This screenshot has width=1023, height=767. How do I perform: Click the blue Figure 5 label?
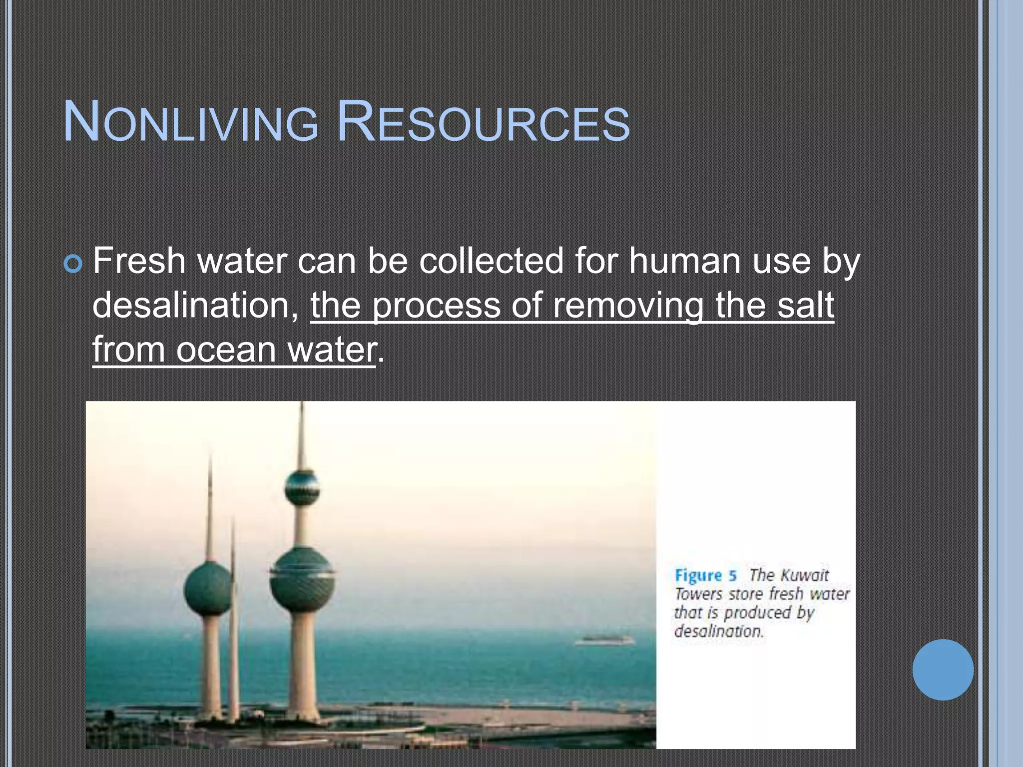[x=705, y=576]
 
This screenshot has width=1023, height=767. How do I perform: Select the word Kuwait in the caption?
[x=803, y=575]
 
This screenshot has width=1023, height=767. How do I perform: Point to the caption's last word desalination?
[x=719, y=632]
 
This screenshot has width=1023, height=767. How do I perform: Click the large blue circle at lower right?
[x=943, y=670]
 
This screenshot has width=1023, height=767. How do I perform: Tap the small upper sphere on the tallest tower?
[x=302, y=487]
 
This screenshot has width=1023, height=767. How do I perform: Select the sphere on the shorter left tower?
[x=207, y=589]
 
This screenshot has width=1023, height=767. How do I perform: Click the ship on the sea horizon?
[x=604, y=640]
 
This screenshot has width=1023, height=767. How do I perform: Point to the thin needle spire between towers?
[x=233, y=599]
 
